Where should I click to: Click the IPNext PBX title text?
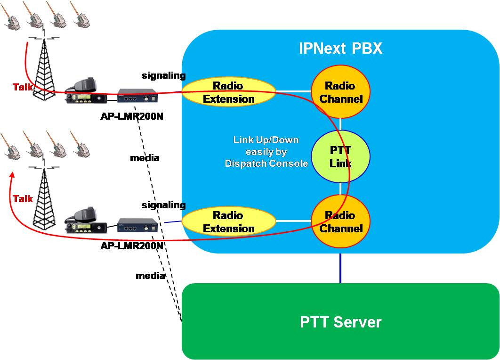tap(340, 49)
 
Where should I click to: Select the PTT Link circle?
tap(341, 156)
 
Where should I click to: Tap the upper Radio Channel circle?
tap(341, 92)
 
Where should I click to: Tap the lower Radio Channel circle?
tap(341, 221)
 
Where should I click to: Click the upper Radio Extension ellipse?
tap(228, 92)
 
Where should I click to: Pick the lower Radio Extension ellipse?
tap(228, 221)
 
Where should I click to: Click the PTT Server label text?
tap(340, 322)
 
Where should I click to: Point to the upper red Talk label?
tap(23, 87)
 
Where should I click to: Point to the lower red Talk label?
tap(23, 199)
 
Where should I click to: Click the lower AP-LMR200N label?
tap(132, 245)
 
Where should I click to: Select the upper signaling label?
tap(163, 75)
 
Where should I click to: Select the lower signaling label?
tap(163, 205)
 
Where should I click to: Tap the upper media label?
tap(145, 158)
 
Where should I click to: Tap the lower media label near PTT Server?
tap(150, 276)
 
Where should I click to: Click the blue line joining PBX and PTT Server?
tap(340, 268)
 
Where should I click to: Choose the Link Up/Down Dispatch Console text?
tap(266, 152)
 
